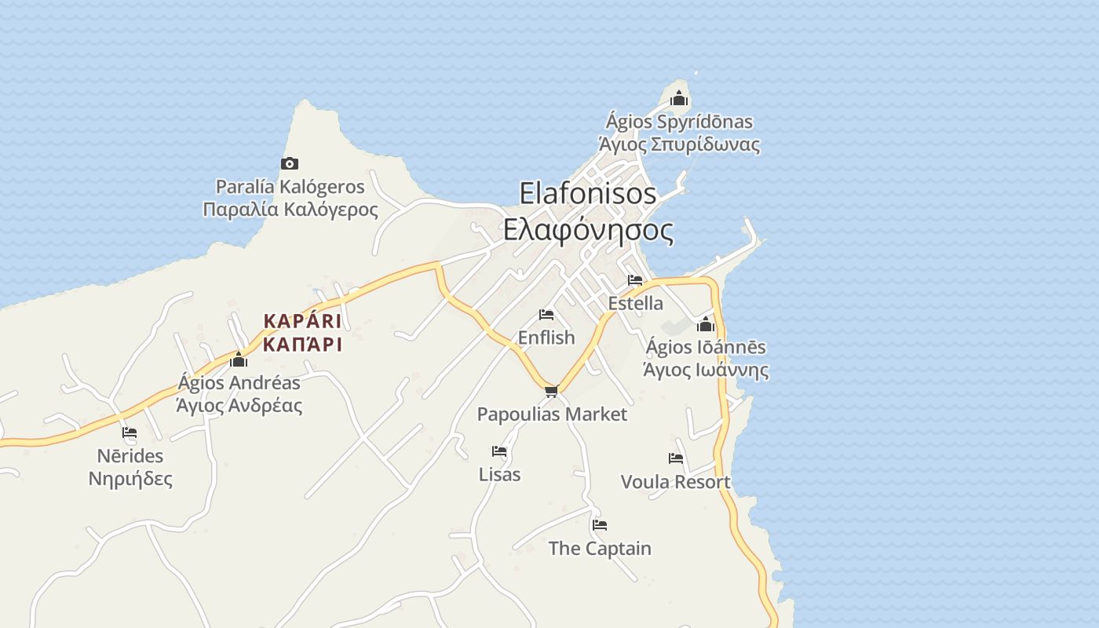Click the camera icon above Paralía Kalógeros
290,163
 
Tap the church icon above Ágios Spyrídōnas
680,98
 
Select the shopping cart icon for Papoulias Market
551,391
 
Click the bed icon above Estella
635,280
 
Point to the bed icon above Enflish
546,315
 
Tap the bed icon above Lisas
499,451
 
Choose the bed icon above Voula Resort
676,458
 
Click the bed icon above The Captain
600,525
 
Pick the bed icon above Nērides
130,433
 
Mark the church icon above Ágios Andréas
239,360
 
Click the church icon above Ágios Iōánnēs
706,323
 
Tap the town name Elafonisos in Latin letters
588,193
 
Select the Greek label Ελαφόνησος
588,230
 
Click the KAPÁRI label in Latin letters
303,321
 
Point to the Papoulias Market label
553,414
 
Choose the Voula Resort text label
676,482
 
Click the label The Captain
600,549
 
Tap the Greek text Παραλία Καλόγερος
290,210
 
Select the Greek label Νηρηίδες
130,479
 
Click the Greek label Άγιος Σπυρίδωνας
680,144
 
